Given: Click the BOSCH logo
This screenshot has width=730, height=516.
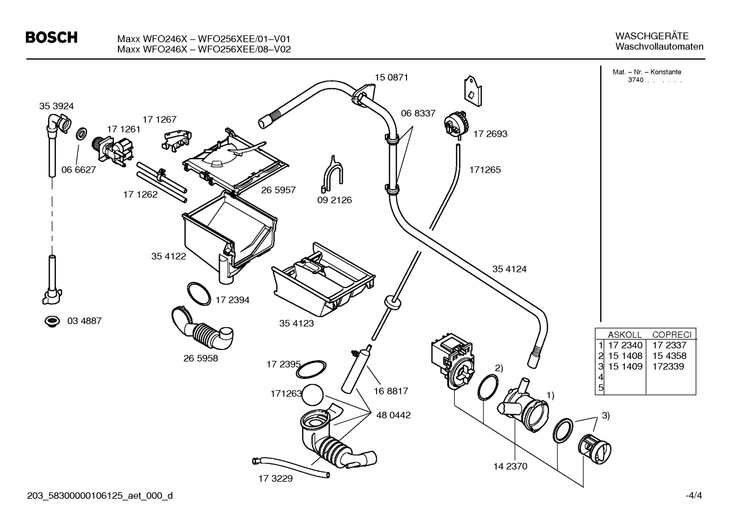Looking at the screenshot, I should (x=51, y=37).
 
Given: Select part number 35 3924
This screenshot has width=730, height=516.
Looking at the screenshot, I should (x=56, y=106).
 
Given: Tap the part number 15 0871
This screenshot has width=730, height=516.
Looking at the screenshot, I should (x=391, y=77).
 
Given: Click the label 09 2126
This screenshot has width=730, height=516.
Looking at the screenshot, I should (x=334, y=200).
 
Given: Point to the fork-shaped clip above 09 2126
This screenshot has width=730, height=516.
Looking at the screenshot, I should (x=332, y=172).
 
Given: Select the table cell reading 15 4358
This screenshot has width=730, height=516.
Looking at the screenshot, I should (x=669, y=356).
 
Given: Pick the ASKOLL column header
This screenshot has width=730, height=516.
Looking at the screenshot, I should (x=624, y=335).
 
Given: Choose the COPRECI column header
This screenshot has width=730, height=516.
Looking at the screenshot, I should (x=671, y=335).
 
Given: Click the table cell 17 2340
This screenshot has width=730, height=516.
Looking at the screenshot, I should (x=625, y=345).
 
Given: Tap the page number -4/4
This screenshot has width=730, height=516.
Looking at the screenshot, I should (x=694, y=496).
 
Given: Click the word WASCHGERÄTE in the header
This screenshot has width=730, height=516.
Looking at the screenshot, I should (x=652, y=36).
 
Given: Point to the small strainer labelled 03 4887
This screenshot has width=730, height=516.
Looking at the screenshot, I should (x=51, y=321).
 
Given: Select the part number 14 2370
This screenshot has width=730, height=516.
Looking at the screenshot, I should (x=510, y=466).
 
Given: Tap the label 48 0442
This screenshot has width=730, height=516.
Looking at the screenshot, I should (x=393, y=415).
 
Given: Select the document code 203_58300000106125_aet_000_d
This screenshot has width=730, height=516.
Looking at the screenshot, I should (x=100, y=496).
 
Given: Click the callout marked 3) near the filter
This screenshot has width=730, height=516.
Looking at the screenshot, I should (x=605, y=416).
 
